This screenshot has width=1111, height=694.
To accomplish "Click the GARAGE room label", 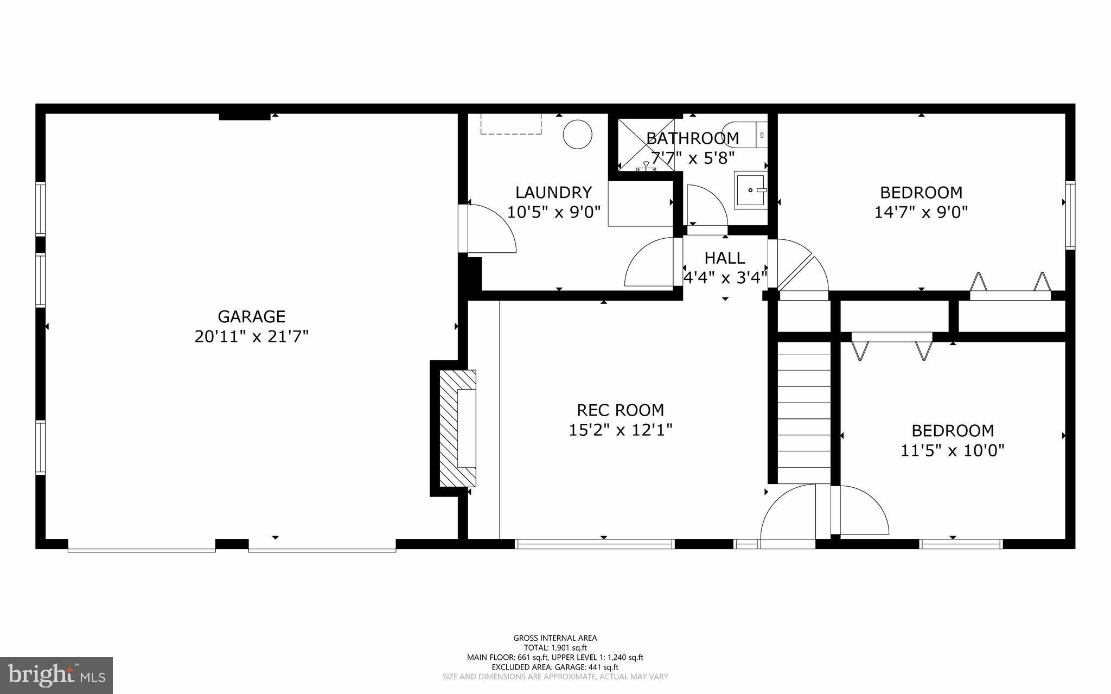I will (251, 316).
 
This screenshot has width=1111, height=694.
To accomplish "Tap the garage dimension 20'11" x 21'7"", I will (251, 337).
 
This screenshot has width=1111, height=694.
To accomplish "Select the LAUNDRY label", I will (553, 193).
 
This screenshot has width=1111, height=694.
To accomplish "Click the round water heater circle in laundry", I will (577, 134).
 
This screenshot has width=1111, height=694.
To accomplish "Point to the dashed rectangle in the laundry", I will (511, 124).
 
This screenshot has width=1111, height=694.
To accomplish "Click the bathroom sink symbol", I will (750, 190).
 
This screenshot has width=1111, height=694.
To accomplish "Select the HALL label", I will (724, 258).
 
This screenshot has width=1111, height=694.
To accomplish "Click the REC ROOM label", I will (620, 410).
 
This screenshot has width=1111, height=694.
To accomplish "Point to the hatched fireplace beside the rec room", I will (457, 428).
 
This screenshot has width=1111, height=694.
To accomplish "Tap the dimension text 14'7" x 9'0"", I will (921, 212).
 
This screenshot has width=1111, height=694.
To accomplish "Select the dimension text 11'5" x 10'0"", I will (952, 450).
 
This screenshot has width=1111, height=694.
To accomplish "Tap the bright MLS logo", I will (56, 675).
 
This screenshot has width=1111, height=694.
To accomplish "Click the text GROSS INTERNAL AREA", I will (555, 638).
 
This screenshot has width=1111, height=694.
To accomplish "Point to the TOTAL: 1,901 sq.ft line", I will (555, 648).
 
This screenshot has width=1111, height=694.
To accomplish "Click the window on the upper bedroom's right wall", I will (1070, 215).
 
